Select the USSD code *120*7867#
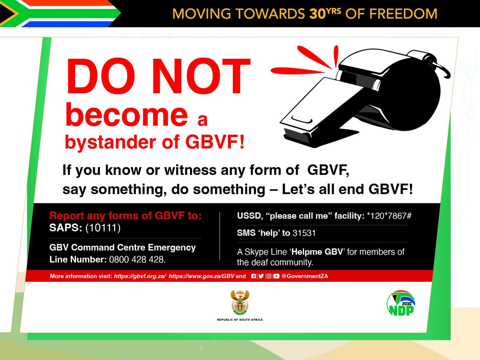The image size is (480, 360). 389,216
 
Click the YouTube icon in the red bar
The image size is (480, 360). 276,276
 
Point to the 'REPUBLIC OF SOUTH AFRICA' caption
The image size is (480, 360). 240,320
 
